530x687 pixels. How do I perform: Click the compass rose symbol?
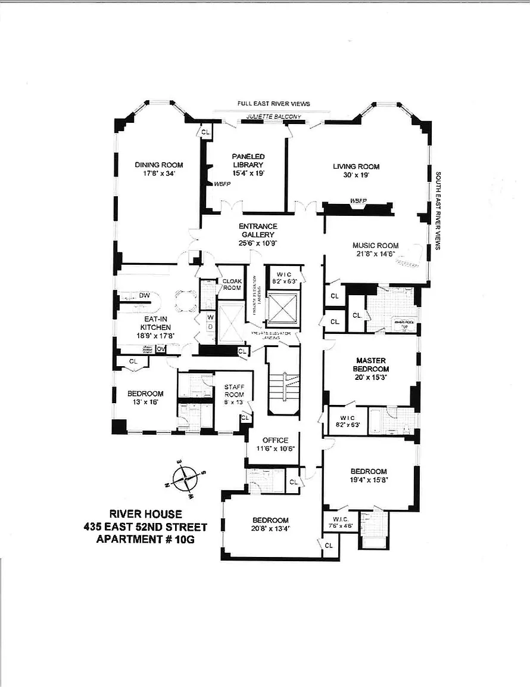coord(187,478)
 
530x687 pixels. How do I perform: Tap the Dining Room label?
coord(158,165)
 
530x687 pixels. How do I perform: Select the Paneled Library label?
coord(248,160)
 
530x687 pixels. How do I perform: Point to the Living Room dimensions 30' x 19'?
coord(356,176)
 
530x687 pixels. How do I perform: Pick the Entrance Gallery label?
coord(258,230)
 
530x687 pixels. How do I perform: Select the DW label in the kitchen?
coord(144,295)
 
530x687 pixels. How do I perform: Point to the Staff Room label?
coord(233,391)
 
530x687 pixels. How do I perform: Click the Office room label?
coord(275,440)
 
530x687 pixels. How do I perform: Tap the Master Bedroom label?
coord(372,364)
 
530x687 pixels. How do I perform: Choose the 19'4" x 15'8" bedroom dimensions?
coord(369,481)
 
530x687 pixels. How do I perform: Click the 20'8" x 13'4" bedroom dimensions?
coord(270,528)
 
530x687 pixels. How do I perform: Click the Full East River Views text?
coord(274,103)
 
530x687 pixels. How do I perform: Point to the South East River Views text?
coord(438,211)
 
